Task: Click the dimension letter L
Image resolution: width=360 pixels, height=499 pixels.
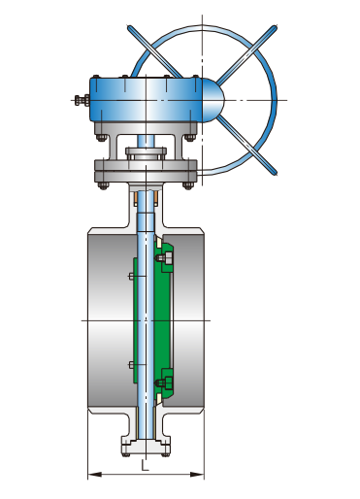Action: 145,465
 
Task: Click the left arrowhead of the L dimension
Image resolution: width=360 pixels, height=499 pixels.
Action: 94,475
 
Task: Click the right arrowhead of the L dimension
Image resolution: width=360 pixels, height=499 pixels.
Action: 197,475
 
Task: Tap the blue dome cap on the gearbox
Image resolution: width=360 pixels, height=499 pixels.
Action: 213,100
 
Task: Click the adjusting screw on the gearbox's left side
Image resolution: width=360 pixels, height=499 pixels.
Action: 82,100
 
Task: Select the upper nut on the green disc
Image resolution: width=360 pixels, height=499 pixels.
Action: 166,258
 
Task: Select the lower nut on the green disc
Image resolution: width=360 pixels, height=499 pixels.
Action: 166,383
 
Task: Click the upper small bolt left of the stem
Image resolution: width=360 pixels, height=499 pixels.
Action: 132,276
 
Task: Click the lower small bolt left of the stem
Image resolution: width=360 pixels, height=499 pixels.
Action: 132,365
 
